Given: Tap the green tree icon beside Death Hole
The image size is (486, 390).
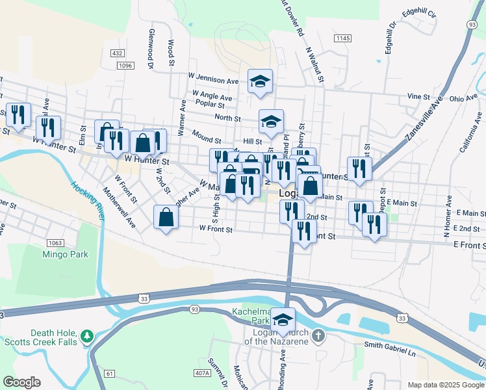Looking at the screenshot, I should [x=86, y=337].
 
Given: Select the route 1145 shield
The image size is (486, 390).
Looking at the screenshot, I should [x=343, y=40].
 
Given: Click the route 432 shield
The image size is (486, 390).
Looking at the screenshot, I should [x=117, y=53].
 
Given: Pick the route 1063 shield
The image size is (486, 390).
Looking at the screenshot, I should [x=55, y=243].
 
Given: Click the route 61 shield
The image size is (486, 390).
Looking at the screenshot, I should [x=109, y=373].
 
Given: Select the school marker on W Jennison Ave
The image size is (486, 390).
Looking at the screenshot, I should [x=260, y=82].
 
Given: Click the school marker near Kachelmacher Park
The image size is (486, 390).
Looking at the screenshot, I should [x=283, y=320].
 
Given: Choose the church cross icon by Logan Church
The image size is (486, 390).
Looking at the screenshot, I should [x=318, y=336].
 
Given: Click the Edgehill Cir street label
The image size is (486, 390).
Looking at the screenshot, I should [x=419, y=13].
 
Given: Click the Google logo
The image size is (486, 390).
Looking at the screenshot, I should [x=21, y=382].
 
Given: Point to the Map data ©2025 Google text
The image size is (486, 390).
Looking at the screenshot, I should [x=445, y=385].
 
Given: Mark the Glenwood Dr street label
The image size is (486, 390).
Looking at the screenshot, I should [x=150, y=49].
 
